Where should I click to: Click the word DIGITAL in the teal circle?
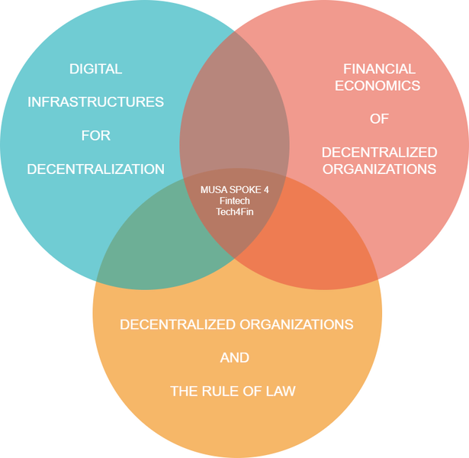pos(95,69)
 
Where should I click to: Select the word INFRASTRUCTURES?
pos(95,102)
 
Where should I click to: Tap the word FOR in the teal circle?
pos(95,136)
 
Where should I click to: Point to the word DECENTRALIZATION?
pos(95,169)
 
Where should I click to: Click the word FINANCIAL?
pos(379,69)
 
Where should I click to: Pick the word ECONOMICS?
pos(379,85)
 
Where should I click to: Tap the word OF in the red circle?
pos(379,119)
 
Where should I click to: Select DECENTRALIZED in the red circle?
pos(379,152)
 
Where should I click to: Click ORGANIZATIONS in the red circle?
pos(379,169)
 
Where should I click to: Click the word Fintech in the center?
pos(234,201)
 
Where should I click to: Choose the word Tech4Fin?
pos(234,212)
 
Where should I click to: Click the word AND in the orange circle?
pos(234,358)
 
